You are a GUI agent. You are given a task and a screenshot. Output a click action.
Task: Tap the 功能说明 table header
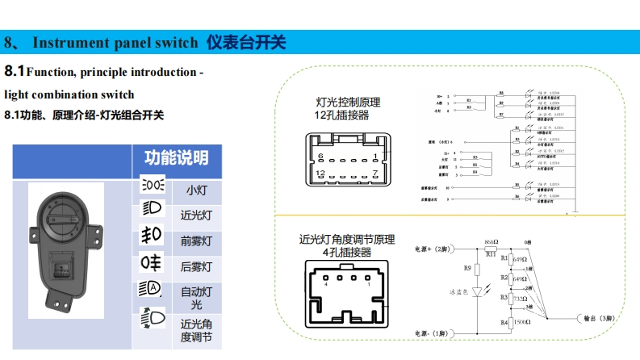point(176,157)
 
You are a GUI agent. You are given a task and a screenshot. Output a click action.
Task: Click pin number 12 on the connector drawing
point(321,174)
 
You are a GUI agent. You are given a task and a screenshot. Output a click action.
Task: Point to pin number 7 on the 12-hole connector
point(375,174)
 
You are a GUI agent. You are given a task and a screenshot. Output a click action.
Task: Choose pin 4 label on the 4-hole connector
point(325,284)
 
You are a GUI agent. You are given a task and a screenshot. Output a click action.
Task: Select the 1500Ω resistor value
point(521,321)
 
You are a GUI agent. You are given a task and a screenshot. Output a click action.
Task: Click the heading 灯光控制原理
point(347,103)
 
